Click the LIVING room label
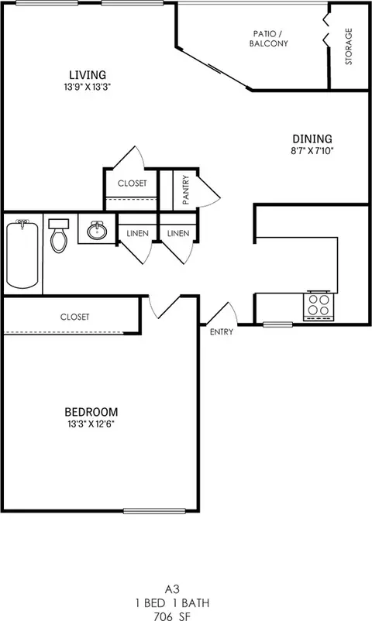coord(87,74)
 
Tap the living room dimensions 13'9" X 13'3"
coord(87,87)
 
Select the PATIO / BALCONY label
coord(269,39)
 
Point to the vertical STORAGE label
coord(349,46)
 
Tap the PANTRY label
coord(186,190)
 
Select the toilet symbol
coord(59,235)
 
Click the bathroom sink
coord(98,231)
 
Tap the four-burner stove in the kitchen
coord(319,305)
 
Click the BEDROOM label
coord(91,410)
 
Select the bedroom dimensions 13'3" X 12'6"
coord(91,424)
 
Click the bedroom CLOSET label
coord(74,317)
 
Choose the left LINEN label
coord(137,233)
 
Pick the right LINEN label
coord(177,233)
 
